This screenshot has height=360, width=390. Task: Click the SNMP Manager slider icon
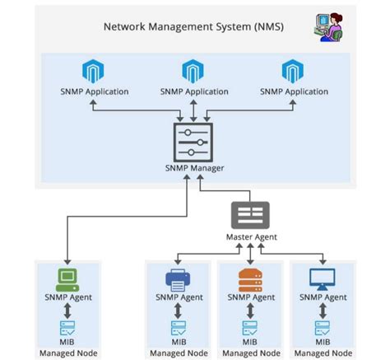(x=194, y=142)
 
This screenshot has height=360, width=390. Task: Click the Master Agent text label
(x=252, y=237)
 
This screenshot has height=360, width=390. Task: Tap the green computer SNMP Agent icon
(x=67, y=278)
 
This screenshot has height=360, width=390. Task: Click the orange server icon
(x=249, y=278)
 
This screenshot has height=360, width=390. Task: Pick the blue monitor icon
(x=322, y=278)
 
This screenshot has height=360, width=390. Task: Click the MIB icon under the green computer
(x=67, y=328)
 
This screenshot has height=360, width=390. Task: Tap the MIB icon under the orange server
(x=249, y=328)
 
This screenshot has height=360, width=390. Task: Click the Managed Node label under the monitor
(x=322, y=353)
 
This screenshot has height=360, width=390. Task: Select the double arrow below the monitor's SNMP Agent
(x=322, y=311)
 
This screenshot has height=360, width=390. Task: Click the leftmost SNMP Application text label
(x=95, y=91)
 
